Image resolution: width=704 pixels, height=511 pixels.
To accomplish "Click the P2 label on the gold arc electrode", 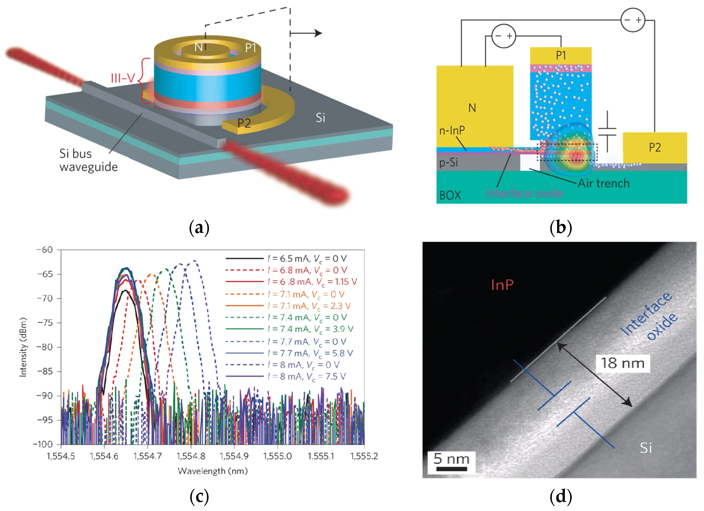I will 244,123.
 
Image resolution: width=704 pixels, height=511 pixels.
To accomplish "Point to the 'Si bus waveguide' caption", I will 88,160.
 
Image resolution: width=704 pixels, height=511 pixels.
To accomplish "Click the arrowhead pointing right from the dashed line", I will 318,33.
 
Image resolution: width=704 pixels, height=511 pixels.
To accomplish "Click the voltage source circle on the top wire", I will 633,20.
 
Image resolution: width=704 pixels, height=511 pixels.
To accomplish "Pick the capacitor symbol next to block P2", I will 607,132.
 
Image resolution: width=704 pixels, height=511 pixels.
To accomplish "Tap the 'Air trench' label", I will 603,183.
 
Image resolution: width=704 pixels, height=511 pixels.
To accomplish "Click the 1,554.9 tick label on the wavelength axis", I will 234,456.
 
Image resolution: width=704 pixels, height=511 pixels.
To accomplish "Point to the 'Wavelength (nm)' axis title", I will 213,471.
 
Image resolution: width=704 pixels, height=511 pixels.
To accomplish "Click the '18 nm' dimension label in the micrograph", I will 622,363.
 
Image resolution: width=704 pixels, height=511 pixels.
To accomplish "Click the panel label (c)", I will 199,496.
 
